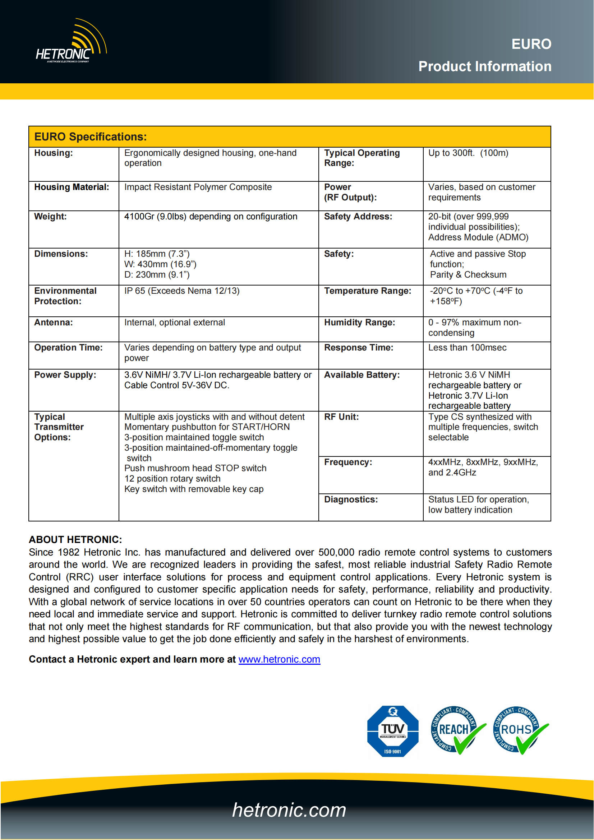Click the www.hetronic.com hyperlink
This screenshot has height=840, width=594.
point(279,659)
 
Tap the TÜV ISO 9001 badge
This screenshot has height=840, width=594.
point(392,731)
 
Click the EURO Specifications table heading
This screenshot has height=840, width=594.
point(91,137)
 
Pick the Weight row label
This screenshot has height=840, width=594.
point(51,217)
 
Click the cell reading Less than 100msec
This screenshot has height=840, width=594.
point(468,348)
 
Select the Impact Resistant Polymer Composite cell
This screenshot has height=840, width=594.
point(198,187)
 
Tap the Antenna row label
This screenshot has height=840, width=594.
point(54,322)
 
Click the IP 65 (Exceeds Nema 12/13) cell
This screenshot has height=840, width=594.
point(182,291)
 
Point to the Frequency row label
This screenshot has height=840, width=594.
point(348,462)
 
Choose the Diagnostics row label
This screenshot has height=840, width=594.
point(351,500)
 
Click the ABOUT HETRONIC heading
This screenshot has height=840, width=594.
point(75,539)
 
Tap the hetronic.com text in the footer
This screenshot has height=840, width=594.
point(289,809)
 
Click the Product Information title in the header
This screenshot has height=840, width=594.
point(484,66)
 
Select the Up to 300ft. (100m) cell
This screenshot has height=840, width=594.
point(468,153)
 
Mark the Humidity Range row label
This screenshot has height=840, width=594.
point(359,322)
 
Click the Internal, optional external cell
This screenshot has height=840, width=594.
point(175,322)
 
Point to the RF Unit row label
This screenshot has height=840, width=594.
point(341,417)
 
